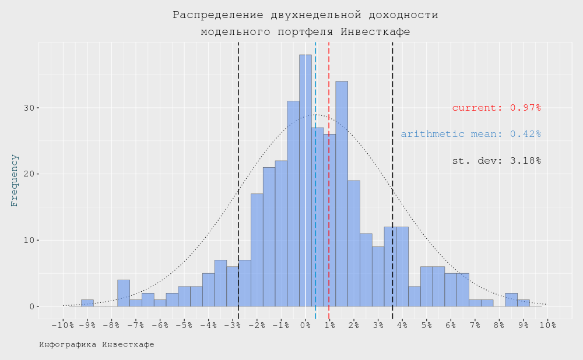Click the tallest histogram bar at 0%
click(x=305, y=181)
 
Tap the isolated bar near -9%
click(x=87, y=303)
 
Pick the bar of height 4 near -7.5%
click(x=124, y=293)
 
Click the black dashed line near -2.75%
click(x=238, y=117)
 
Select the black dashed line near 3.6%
click(x=392, y=117)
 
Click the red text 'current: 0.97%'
click(x=496, y=108)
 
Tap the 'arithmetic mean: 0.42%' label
click(x=470, y=134)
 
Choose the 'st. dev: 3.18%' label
click(x=496, y=161)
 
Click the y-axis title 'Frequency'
click(x=15, y=181)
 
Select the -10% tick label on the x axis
click(x=62, y=325)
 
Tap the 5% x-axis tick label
click(x=427, y=325)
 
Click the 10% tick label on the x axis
click(x=547, y=325)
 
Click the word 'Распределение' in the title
click(x=214, y=15)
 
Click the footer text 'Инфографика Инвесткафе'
click(x=97, y=344)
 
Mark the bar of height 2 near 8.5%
click(x=511, y=300)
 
